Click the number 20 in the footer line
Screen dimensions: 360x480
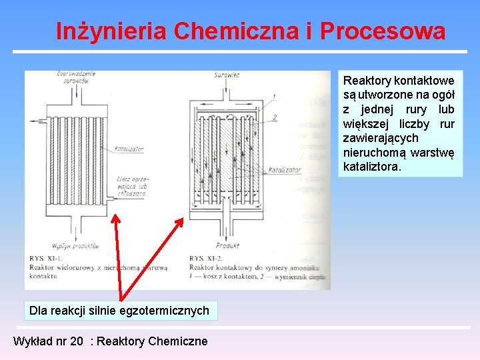point(77,341)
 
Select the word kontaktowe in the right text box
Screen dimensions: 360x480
point(425,80)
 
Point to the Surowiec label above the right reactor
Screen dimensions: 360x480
point(226,75)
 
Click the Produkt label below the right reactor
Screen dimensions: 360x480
point(228,245)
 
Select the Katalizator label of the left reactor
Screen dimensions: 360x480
point(129,149)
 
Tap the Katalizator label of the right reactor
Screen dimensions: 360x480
point(283,171)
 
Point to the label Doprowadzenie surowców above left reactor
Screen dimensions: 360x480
point(77,77)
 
